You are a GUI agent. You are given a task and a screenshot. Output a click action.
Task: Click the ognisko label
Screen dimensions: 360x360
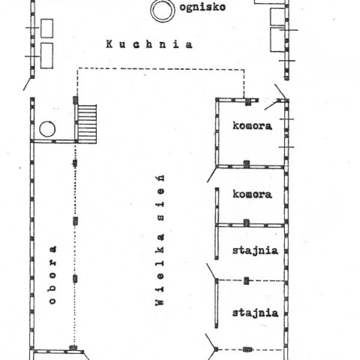[202, 7]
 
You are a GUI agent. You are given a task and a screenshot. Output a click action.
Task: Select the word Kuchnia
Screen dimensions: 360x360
[149, 44]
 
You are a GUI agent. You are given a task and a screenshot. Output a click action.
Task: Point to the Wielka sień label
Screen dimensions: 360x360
[160, 240]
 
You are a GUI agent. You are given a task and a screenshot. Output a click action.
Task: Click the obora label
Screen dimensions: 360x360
[52, 275]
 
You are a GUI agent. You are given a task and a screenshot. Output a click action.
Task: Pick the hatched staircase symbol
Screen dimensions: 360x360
[87, 124]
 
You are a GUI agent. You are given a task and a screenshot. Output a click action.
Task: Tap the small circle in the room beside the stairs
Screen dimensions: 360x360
[47, 129]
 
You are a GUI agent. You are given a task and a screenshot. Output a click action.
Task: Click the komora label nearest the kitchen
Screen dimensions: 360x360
[252, 125]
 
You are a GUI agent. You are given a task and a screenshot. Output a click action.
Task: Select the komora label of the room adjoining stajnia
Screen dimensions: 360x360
[252, 194]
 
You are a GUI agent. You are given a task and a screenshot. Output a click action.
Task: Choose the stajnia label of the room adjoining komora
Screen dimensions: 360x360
[255, 250]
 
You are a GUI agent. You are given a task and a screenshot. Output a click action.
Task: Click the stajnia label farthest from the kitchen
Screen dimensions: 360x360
[255, 313]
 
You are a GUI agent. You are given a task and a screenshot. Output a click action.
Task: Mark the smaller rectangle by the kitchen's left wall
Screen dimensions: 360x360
[46, 28]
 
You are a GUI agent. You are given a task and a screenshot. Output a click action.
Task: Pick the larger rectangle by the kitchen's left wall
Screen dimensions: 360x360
[46, 55]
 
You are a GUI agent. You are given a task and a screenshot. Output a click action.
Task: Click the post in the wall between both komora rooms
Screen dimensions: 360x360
[247, 164]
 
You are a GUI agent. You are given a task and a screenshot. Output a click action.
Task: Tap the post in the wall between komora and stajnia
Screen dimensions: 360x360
[247, 223]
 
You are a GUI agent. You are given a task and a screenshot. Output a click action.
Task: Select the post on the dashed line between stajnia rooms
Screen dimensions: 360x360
[247, 280]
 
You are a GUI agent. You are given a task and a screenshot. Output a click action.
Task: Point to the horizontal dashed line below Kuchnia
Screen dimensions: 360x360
[160, 69]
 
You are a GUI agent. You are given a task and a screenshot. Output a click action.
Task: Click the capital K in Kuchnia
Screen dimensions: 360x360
[109, 44]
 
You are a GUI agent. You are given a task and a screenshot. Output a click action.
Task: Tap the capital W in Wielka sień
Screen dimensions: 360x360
[160, 301]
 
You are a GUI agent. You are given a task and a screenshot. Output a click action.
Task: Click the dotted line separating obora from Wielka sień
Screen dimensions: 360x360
[75, 244]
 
